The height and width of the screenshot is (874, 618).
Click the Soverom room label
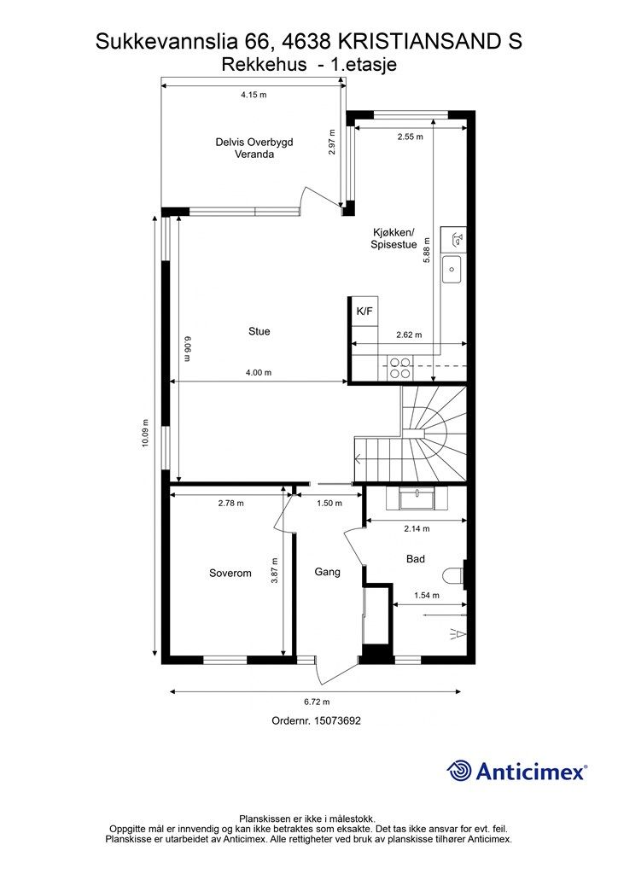[x=230, y=573]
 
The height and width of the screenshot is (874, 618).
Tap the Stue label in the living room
[x=259, y=332]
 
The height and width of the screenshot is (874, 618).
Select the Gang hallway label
[x=327, y=572]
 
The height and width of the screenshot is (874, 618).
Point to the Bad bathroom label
[x=416, y=558]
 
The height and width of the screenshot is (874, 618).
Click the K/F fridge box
[x=364, y=311]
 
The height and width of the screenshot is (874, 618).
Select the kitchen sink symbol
[x=452, y=269]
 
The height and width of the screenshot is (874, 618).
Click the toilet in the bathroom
[x=455, y=574]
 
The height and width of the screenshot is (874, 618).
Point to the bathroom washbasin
[x=417, y=498]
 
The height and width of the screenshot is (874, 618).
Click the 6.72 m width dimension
[x=316, y=702]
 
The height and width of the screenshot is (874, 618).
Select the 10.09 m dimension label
[x=145, y=433]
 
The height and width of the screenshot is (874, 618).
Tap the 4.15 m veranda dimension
[x=254, y=95]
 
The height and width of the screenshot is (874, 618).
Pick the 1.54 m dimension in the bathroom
[x=426, y=595]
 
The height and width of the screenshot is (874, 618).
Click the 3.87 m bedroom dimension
[x=274, y=571]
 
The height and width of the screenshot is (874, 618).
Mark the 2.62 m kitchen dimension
[x=409, y=335]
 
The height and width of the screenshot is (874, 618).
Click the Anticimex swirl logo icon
[x=459, y=771]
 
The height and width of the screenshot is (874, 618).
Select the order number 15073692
[x=338, y=720]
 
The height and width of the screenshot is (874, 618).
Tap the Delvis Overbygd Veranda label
[x=254, y=149]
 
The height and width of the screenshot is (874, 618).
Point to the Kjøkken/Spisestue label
[x=394, y=239]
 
